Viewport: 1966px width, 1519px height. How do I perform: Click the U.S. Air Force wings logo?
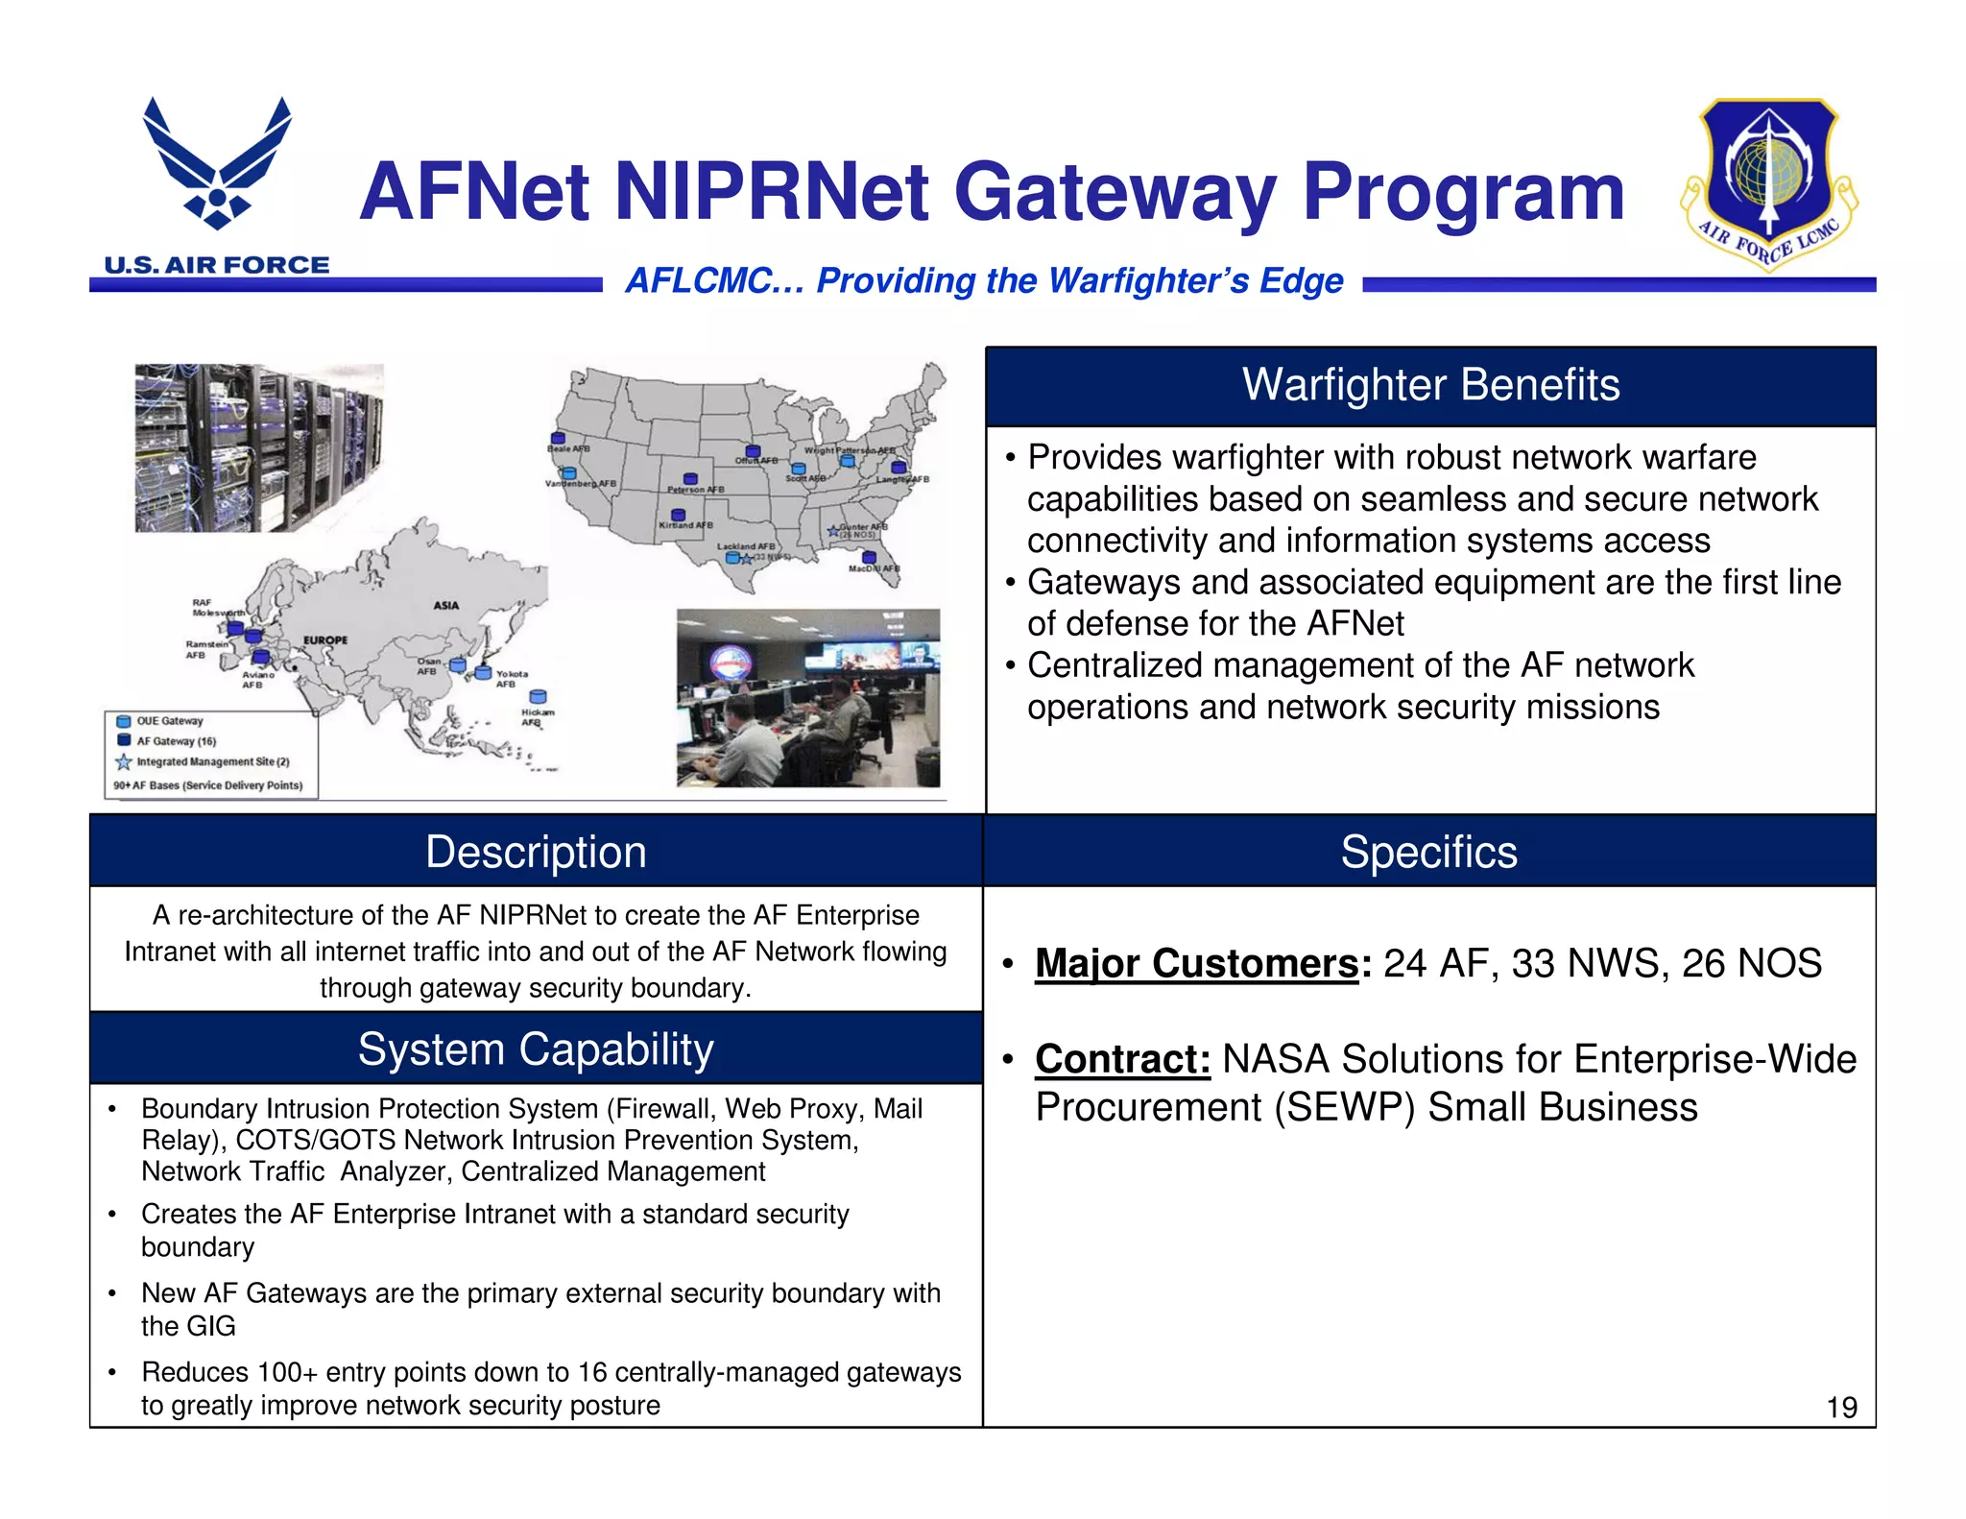217,163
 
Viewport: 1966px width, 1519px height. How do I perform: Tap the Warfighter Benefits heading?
1430,385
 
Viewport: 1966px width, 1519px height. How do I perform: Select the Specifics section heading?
1428,852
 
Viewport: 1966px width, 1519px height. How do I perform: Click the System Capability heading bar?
536,1049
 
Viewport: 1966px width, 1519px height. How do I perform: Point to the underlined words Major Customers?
1197,963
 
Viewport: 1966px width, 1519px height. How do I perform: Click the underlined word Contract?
1122,1059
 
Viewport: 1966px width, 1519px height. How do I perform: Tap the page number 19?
1841,1408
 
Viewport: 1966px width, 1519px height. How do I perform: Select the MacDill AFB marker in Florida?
869,557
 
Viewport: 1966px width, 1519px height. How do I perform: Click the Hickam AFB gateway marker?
539,697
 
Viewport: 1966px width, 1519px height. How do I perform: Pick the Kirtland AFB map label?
685,525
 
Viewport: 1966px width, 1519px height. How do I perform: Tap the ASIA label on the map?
446,606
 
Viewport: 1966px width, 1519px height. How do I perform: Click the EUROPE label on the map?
325,639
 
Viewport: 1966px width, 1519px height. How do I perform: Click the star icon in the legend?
124,761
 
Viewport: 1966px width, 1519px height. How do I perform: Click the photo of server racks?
258,447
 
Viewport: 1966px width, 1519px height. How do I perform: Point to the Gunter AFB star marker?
833,530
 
